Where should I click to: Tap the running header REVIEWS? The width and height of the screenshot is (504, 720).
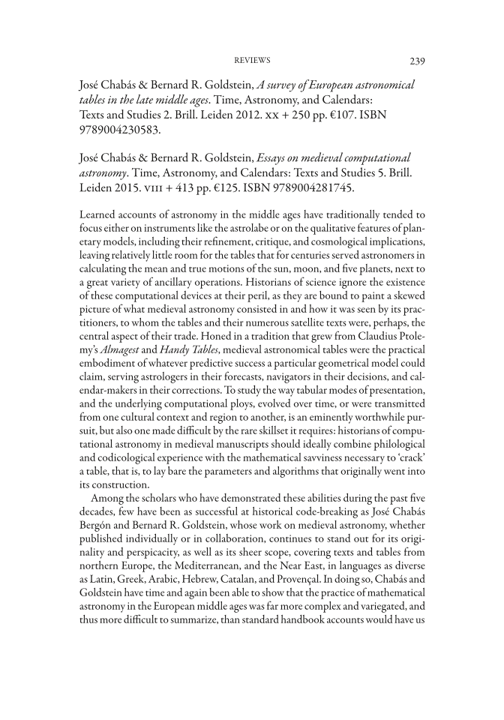pyautogui.click(x=252, y=60)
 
